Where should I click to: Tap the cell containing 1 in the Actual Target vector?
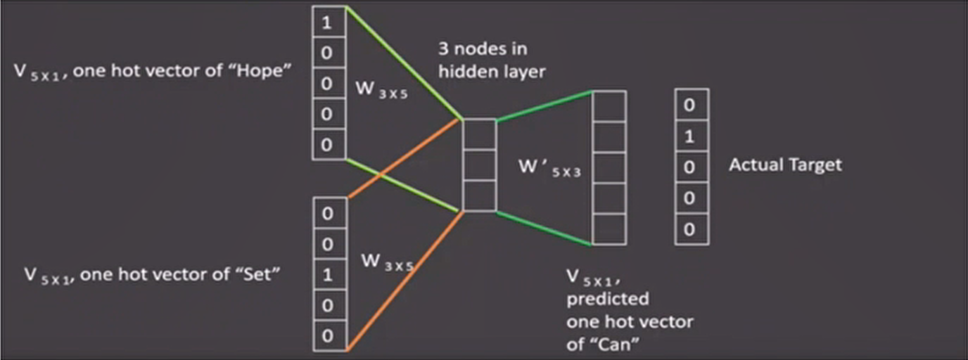[x=691, y=136]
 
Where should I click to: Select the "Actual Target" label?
[x=785, y=165]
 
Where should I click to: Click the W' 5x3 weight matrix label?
[x=548, y=169]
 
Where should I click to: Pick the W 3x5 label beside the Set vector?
[x=386, y=262]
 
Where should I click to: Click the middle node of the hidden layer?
[x=479, y=165]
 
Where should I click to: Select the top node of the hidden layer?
[x=479, y=134]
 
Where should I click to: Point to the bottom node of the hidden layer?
[x=479, y=195]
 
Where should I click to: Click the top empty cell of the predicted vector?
[x=609, y=106]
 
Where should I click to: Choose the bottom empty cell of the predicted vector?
[x=609, y=229]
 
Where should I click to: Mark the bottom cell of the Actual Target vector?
[x=691, y=229]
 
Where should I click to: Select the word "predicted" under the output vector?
[x=608, y=299]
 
